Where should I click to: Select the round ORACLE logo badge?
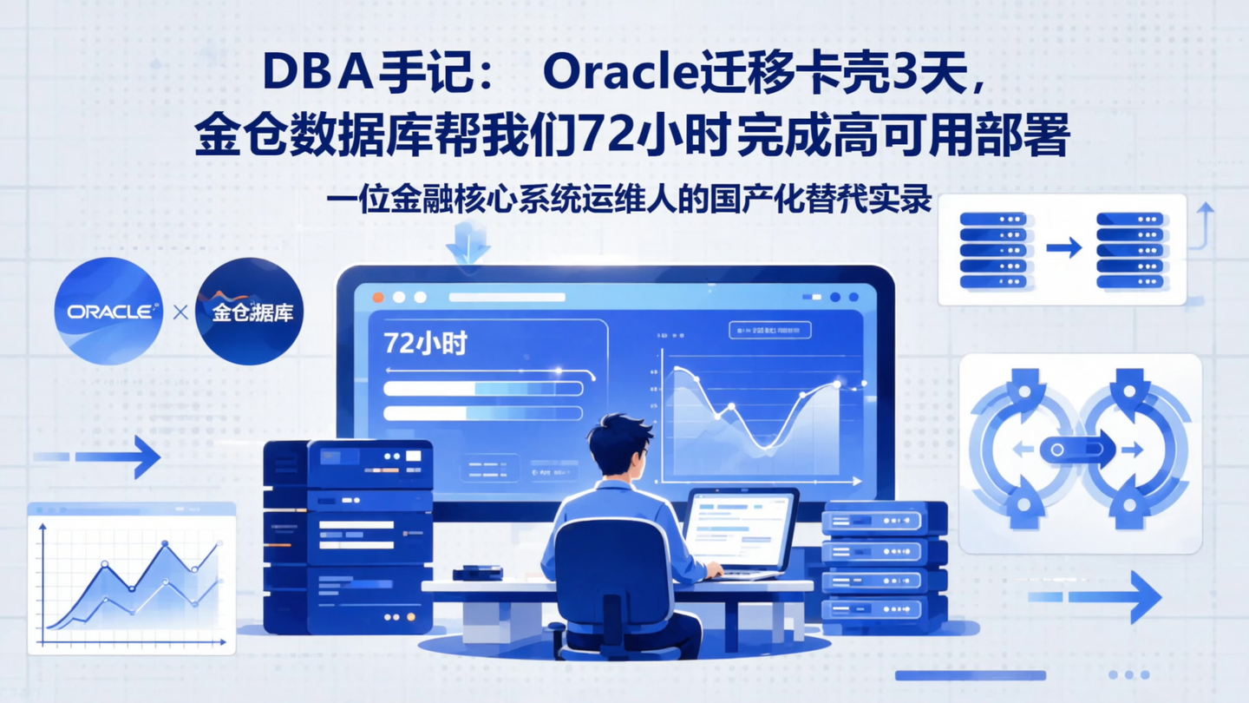click(108, 311)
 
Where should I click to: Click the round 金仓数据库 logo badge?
click(250, 311)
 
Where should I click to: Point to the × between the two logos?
click(180, 312)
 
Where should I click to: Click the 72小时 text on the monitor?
click(425, 343)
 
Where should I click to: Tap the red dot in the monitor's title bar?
click(378, 297)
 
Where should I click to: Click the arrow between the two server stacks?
click(1064, 248)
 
